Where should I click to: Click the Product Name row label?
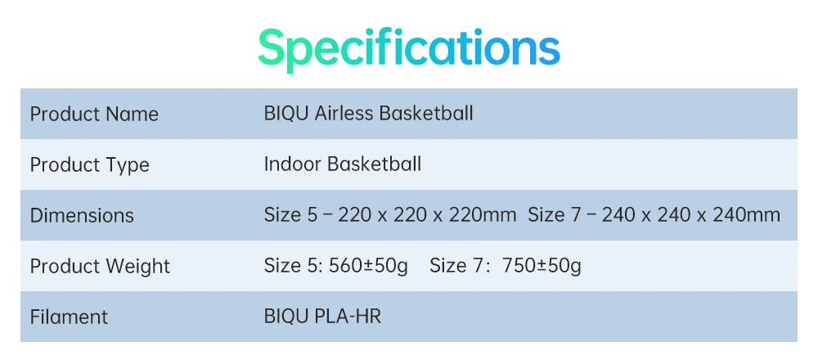[94, 114]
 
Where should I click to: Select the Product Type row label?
[90, 165]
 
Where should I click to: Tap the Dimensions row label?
[82, 215]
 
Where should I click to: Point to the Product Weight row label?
[100, 267]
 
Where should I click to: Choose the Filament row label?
[69, 317]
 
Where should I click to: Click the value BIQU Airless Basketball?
[369, 113]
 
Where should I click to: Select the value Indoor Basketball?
[343, 164]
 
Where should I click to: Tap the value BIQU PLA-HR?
[322, 316]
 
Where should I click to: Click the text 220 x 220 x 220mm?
[427, 215]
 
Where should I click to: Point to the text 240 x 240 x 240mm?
[691, 215]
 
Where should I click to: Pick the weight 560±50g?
[368, 266]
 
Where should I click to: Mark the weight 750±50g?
[542, 266]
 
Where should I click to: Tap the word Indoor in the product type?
[293, 164]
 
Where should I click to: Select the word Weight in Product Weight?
[138, 267]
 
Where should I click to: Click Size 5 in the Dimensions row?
[290, 215]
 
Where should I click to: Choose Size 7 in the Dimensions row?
[555, 215]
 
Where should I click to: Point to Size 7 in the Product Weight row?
[457, 266]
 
